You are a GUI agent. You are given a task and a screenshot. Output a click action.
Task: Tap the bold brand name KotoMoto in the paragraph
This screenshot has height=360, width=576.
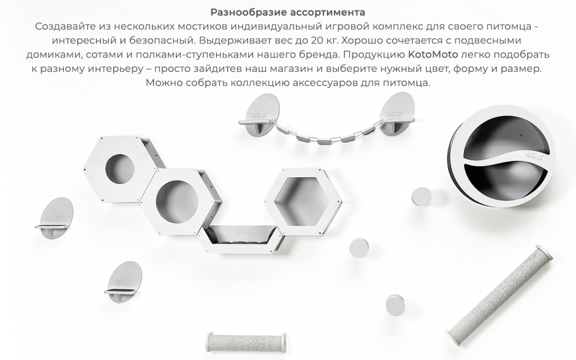[x=433, y=55]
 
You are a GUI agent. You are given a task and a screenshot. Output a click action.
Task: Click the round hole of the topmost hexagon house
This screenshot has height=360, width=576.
[x=120, y=168]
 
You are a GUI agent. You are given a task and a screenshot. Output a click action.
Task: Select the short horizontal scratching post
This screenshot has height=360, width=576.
[x=246, y=341]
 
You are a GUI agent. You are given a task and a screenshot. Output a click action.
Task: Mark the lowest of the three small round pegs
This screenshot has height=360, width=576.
[x=395, y=304]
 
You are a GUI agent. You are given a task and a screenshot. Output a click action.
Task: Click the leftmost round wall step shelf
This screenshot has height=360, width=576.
[x=56, y=219]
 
